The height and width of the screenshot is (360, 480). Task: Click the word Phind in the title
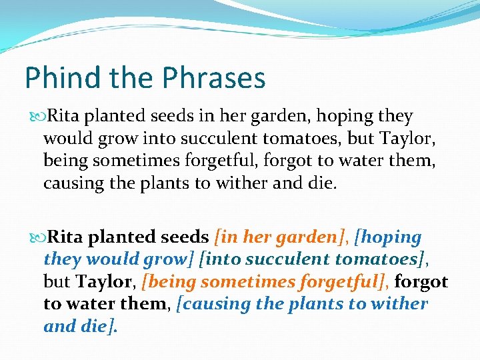pos(54,78)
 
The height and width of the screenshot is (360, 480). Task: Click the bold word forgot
pos(421,282)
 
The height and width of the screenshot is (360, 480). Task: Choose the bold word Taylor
pos(107,282)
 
